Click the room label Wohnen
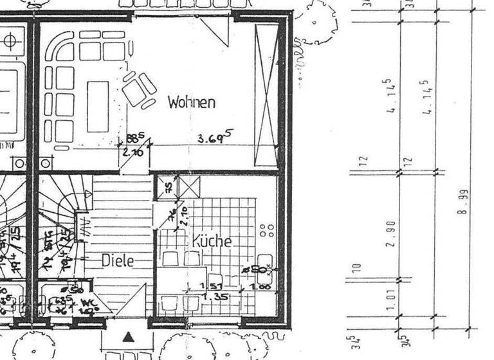pos(191,102)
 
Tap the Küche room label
pos(210,242)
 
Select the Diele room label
pos(118,261)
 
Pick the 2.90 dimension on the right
pos(390,233)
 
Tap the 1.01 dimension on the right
pos(390,299)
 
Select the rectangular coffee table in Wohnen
pos(98,106)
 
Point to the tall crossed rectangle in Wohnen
pos(266,94)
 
